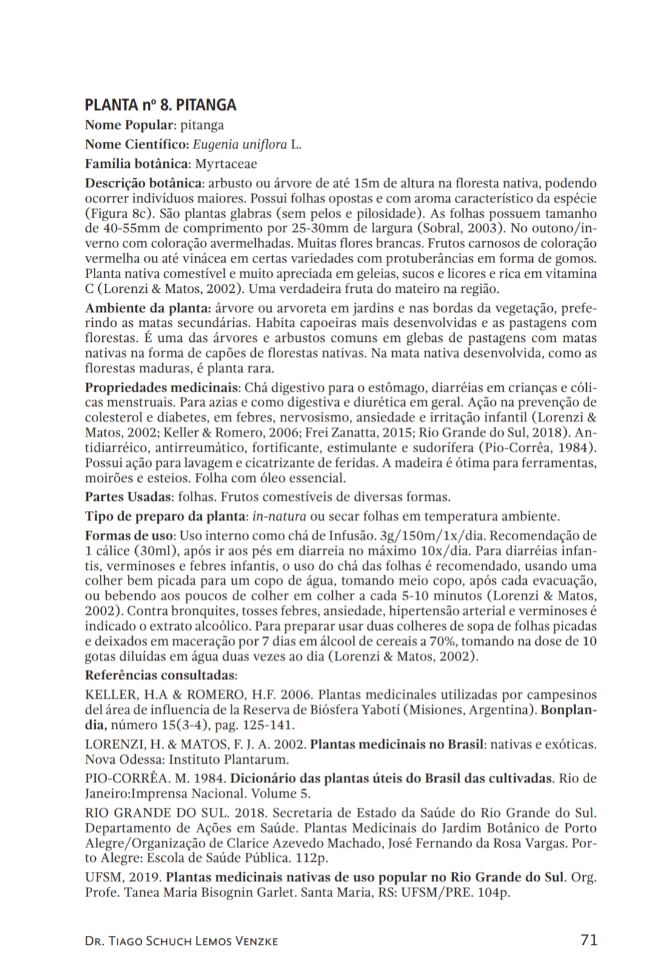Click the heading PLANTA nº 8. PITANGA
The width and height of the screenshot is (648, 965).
tap(161, 105)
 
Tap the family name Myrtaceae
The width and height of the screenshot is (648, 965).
tap(225, 164)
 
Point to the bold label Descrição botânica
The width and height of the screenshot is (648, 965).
tap(143, 183)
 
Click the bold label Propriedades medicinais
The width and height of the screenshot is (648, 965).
tap(162, 387)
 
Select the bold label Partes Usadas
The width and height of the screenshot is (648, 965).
tap(128, 497)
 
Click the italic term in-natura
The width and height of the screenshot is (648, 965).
tap(279, 516)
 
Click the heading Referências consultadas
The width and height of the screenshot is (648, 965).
tap(160, 675)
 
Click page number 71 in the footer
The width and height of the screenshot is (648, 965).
tap(589, 940)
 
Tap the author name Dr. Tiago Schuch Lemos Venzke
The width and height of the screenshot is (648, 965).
tap(181, 941)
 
